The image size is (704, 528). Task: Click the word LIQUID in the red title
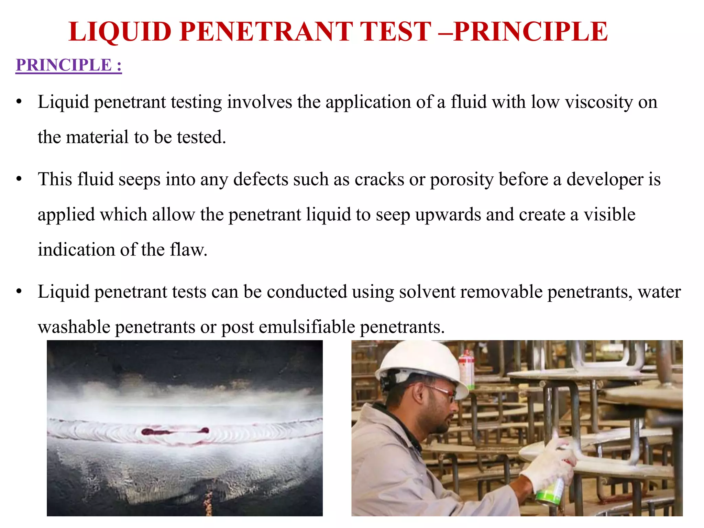pos(120,32)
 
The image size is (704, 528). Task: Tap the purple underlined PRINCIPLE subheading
pos(68,65)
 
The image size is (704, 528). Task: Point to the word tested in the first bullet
pos(201,137)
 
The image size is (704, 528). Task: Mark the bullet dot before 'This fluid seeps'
pos(19,179)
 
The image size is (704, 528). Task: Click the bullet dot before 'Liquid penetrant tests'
pos(19,291)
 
